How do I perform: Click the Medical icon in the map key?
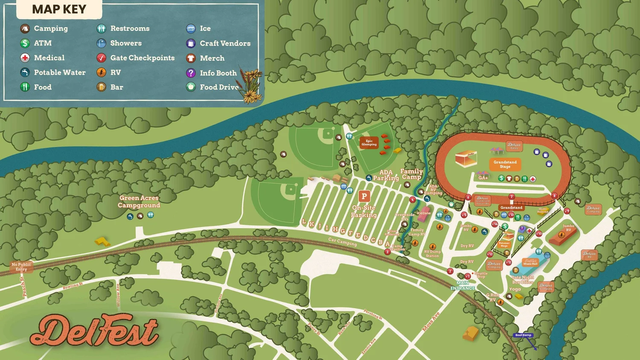coord(25,58)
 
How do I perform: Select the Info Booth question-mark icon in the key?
coord(191,73)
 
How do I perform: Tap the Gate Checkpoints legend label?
coord(142,58)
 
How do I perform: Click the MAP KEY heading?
coord(59,9)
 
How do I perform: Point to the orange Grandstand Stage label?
coord(505,164)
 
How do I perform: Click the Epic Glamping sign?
coord(369,143)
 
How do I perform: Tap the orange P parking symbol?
coord(364,196)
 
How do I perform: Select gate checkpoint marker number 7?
coord(512,197)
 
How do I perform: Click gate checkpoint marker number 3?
coord(387,252)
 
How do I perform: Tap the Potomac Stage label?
coord(504,244)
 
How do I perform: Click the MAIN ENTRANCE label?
coord(463,285)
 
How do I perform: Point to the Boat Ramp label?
coord(523,335)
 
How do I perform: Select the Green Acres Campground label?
coord(139,201)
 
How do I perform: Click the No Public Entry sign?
coord(21,267)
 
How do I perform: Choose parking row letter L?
coord(304,222)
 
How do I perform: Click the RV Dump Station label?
coord(432,254)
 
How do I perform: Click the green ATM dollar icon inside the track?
coord(501,178)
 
